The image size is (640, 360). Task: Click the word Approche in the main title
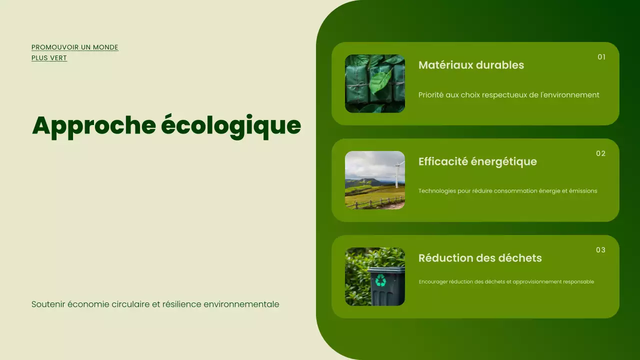click(94, 125)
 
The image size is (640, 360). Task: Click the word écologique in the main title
click(231, 125)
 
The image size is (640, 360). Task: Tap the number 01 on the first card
click(601, 57)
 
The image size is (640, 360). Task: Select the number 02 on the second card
click(600, 153)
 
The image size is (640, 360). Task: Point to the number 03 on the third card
click(600, 250)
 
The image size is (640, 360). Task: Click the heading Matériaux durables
click(471, 65)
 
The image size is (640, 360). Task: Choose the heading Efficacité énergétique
click(477, 161)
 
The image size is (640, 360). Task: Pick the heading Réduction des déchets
click(480, 258)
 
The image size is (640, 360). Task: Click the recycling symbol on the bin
click(381, 280)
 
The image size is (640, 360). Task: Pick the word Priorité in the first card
click(430, 95)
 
